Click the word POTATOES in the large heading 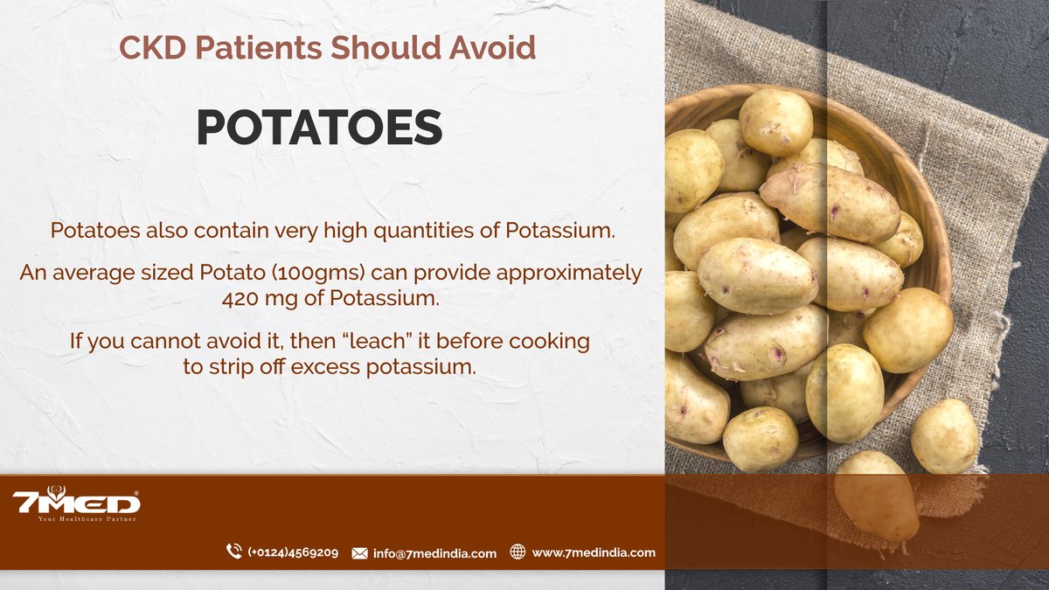[319, 128]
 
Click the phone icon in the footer [233, 552]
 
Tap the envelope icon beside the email [359, 553]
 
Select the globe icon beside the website [518, 552]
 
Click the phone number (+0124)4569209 [293, 552]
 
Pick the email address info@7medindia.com [434, 553]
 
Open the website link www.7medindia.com [594, 552]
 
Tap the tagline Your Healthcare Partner [87, 519]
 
